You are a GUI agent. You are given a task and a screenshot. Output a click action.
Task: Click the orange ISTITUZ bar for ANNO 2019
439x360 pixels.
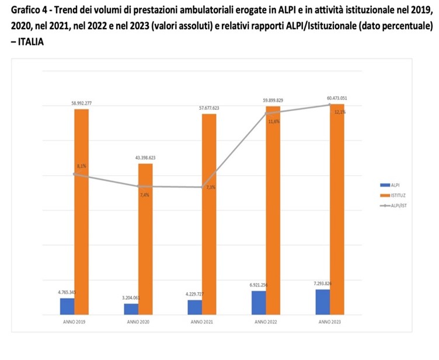[x=81, y=212]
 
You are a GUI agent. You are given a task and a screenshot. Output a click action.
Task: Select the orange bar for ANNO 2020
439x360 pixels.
[x=145, y=239]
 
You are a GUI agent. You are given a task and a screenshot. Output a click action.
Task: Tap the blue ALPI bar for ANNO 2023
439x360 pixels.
[x=322, y=302]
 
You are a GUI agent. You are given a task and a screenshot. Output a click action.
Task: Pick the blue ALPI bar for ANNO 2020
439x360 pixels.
[x=131, y=309]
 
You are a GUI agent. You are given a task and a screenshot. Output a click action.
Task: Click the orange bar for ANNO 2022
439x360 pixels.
[x=273, y=211]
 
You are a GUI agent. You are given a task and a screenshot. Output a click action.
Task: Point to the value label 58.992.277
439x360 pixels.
[x=81, y=103]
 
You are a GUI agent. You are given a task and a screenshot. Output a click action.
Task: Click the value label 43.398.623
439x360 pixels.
[x=145, y=158]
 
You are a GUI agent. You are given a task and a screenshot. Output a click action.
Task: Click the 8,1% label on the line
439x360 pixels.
[x=81, y=166]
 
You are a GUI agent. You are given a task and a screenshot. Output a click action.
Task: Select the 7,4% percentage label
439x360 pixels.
[x=145, y=195]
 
